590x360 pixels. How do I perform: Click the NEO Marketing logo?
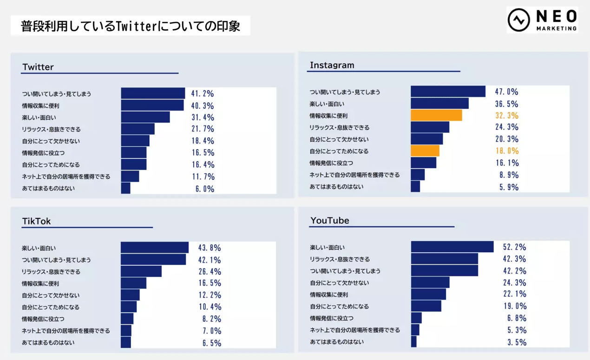pos(542,20)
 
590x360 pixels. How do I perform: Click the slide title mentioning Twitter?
pos(131,26)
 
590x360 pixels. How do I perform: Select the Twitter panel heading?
pos(38,67)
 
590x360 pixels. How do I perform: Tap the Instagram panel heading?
pos(332,65)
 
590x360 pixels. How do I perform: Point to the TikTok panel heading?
pos(37,221)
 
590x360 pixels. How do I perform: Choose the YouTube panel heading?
pos(329,220)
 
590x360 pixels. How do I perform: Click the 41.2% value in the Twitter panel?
pos(203,93)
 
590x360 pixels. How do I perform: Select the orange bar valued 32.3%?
pos(436,115)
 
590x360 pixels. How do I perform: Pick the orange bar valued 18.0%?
pos(425,151)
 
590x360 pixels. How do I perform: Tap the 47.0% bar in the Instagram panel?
pos(448,92)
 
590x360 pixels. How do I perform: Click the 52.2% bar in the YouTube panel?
pos(452,247)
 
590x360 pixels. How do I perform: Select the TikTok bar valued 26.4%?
pos(141,271)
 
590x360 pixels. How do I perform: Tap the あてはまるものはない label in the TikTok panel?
pos(48,342)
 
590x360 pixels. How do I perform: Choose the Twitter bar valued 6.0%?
pos(125,188)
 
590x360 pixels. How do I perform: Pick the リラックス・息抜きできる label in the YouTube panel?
pos(340,259)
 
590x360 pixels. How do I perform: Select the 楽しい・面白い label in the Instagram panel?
pos(327,104)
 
